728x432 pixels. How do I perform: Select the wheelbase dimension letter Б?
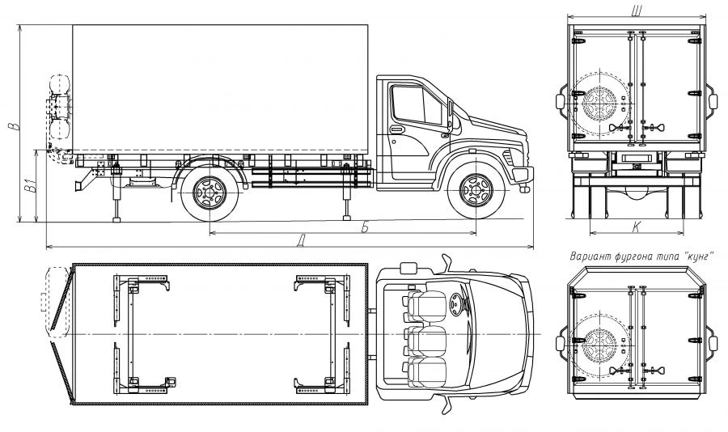[x=365, y=227]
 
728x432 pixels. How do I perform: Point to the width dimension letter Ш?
[x=638, y=11]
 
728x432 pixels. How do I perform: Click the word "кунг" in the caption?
[x=697, y=256]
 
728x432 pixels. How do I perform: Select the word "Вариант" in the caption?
[x=590, y=256]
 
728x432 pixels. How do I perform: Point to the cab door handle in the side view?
[x=397, y=129]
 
